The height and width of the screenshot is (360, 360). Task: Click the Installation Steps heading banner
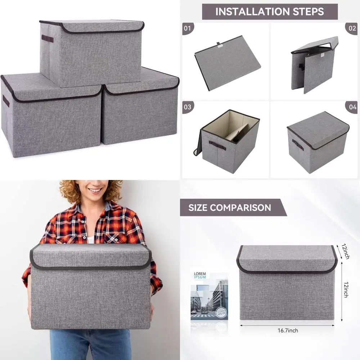(x=270, y=12)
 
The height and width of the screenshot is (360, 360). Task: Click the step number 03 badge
(x=188, y=107)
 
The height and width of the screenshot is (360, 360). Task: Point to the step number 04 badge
(x=351, y=107)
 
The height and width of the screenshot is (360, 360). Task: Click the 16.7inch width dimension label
(x=287, y=330)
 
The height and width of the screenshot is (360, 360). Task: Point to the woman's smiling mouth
(x=95, y=190)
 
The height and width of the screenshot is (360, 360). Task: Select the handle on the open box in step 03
(x=217, y=145)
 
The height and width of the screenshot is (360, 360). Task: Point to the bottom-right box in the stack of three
(x=140, y=115)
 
